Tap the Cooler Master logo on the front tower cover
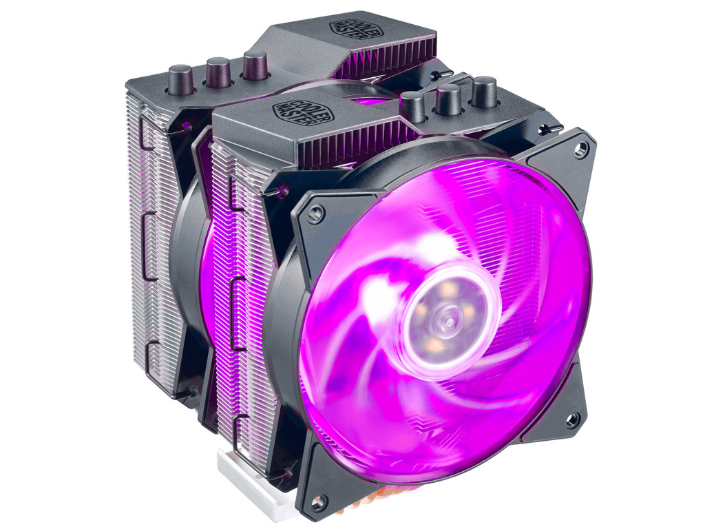click(x=294, y=112)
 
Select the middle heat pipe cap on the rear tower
click(x=218, y=70)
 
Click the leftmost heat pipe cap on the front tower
click(x=413, y=106)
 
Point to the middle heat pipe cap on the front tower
click(x=448, y=98)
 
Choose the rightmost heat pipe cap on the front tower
click(x=484, y=91)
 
